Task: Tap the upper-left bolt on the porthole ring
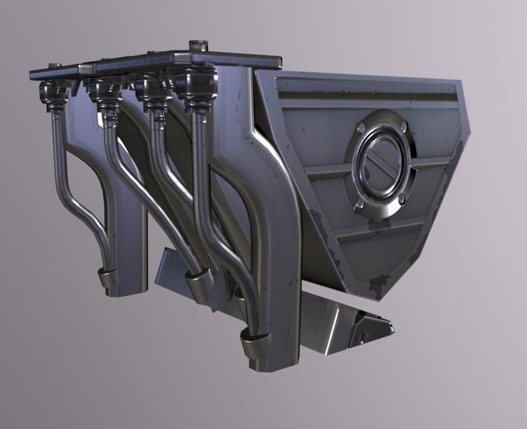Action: point(360,126)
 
